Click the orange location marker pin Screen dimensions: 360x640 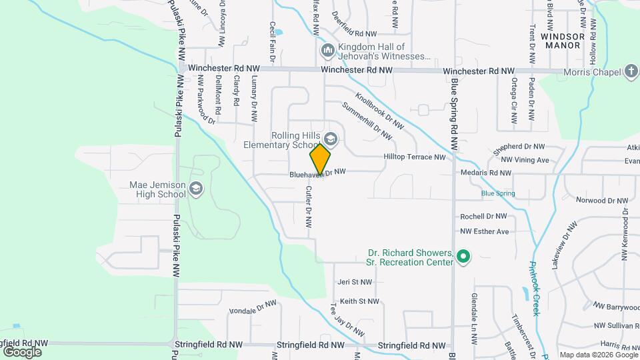(320, 159)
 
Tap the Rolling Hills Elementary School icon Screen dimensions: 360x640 (331, 139)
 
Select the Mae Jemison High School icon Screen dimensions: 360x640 (195, 189)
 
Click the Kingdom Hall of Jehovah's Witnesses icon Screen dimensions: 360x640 (327, 51)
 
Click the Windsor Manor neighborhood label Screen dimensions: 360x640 (564, 41)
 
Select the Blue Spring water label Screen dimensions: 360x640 (498, 193)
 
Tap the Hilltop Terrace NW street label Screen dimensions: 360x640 (414, 157)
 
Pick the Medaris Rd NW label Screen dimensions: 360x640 (485, 173)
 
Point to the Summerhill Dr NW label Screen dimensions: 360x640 (367, 121)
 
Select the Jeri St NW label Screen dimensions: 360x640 (355, 282)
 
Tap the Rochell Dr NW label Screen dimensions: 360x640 (483, 217)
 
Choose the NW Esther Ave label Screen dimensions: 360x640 (484, 231)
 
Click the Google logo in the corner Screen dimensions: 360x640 (22, 351)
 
